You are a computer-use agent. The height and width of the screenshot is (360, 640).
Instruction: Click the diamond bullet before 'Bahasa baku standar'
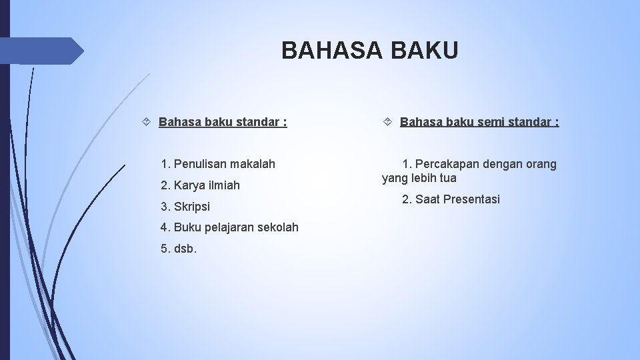tap(147, 122)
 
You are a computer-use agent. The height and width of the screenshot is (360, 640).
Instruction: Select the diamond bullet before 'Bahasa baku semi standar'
tap(389, 122)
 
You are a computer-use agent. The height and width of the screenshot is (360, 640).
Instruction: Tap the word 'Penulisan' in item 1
tap(201, 163)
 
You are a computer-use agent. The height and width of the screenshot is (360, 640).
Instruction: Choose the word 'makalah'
tap(253, 163)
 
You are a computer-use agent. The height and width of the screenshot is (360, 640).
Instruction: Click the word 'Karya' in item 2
tap(189, 185)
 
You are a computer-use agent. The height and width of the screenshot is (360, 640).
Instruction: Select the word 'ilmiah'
tap(224, 185)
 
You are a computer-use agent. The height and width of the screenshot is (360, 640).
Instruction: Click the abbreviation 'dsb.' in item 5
tap(185, 249)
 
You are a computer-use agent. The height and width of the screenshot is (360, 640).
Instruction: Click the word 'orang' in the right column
tap(541, 164)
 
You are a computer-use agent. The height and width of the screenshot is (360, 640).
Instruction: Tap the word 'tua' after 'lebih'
tap(448, 178)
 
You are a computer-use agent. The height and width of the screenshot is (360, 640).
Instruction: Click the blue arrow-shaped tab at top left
tap(47, 51)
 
